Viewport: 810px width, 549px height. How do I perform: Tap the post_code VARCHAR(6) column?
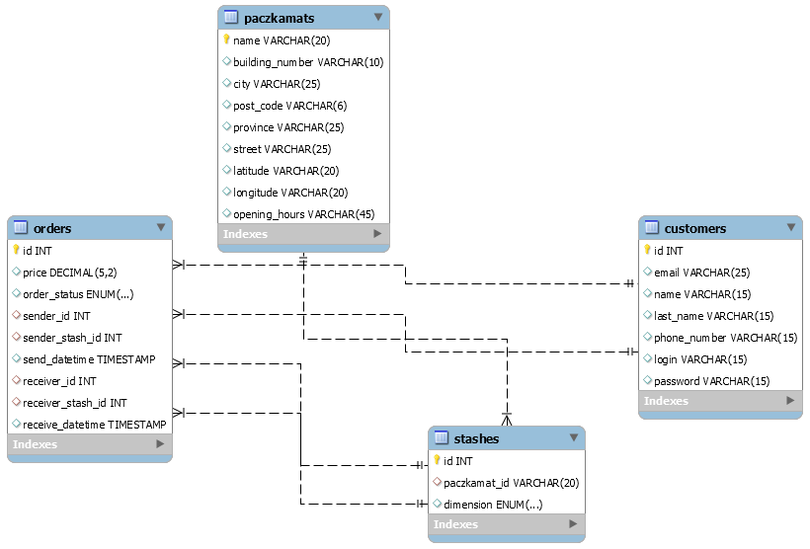289,106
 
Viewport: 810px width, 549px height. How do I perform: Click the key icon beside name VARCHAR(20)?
226,40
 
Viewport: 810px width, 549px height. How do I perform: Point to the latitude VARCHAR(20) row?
285,171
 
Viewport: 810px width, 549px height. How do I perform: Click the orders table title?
52,228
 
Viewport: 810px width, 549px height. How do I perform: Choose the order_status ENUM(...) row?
78,294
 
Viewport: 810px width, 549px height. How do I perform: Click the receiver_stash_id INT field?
74,403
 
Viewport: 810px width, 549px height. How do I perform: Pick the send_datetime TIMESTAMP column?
89,359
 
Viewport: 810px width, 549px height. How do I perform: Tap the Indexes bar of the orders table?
89,444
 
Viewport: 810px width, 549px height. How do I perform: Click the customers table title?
694,228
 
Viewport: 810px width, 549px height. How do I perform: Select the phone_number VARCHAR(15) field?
725,338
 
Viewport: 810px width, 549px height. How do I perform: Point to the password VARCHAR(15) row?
711,381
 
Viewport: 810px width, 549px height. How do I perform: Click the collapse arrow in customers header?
791,228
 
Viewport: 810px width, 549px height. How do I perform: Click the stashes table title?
476,438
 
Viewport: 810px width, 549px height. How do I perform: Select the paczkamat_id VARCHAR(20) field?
511,483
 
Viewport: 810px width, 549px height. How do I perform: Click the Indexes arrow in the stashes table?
573,524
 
